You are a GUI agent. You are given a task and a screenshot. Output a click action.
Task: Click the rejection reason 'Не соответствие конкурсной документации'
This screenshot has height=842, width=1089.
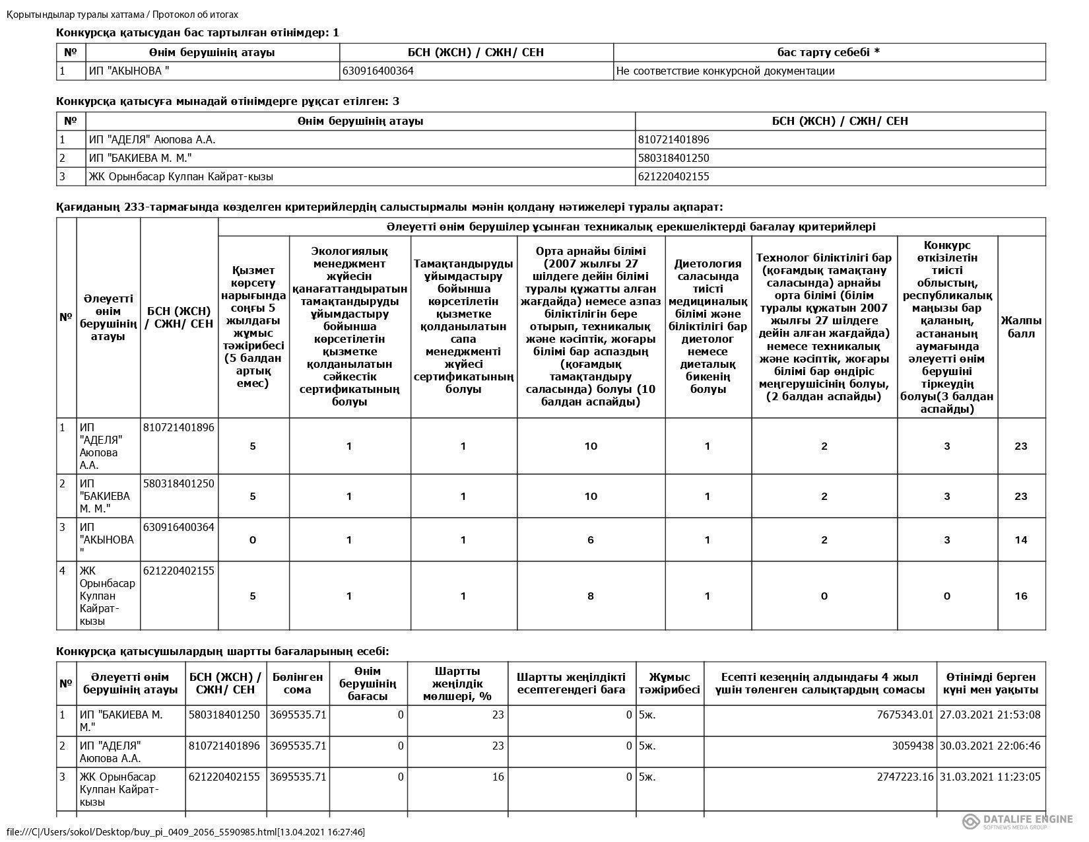[x=724, y=71]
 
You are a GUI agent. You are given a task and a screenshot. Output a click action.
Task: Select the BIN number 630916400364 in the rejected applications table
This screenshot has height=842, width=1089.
[x=378, y=71]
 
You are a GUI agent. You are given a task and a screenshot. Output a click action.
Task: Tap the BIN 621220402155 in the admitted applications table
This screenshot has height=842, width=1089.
[x=673, y=176]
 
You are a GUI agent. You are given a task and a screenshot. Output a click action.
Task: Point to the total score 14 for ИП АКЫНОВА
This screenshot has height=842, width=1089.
[x=1020, y=540]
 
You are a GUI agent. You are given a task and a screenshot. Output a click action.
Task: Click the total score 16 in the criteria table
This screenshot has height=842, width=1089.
[x=1020, y=596]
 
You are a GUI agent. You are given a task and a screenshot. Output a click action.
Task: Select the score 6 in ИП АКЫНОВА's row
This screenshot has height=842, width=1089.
[x=590, y=540]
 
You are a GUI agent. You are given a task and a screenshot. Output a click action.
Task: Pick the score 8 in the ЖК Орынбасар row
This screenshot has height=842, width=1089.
[x=590, y=596]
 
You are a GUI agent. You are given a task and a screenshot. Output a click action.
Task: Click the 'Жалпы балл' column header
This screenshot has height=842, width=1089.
[x=1021, y=326]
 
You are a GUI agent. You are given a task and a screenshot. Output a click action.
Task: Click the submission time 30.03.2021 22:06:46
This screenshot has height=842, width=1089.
[x=990, y=746]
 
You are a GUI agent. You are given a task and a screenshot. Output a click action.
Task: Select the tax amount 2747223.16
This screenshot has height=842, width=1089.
[x=905, y=777]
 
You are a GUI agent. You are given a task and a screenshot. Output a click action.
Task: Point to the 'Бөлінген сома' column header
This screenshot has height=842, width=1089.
[x=297, y=683]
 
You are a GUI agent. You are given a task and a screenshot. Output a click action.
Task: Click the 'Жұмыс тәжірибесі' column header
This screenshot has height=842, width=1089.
[x=669, y=683]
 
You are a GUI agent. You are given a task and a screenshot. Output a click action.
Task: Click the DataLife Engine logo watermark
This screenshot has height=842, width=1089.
[x=1017, y=820]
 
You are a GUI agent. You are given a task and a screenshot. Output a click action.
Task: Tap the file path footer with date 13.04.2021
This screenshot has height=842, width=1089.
[x=185, y=831]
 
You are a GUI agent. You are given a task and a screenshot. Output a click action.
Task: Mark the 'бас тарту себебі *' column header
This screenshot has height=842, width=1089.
[x=829, y=52]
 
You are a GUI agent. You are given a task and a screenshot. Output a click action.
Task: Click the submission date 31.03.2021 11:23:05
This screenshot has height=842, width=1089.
[x=990, y=777]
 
